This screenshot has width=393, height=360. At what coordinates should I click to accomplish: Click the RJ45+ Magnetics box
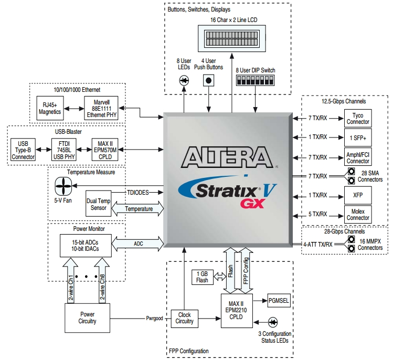click(x=50, y=108)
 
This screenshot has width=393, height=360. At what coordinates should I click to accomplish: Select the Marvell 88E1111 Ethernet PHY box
click(x=102, y=108)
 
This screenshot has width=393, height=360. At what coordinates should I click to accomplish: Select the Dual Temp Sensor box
click(x=99, y=204)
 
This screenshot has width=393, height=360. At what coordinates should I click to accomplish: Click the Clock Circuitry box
click(x=184, y=318)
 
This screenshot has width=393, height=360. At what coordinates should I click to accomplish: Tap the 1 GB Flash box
click(x=202, y=277)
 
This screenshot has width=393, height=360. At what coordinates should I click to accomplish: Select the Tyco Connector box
click(x=358, y=119)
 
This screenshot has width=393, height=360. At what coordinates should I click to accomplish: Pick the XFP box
click(x=358, y=195)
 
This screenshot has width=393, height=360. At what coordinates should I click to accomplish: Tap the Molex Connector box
click(x=358, y=215)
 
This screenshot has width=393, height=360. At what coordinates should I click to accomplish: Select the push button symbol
click(x=209, y=80)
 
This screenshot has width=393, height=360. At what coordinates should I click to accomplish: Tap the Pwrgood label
click(x=154, y=318)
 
